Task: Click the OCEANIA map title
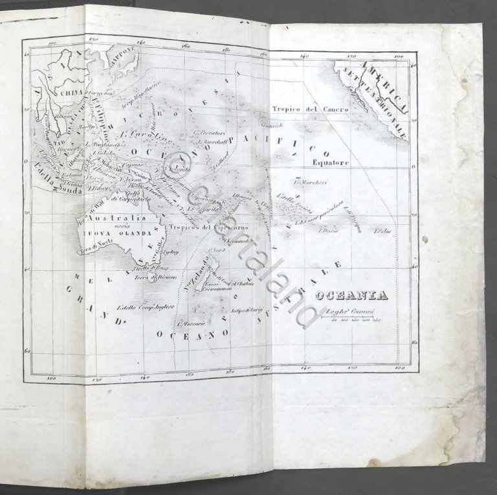click(351, 296)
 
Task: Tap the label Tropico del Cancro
click(310, 109)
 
